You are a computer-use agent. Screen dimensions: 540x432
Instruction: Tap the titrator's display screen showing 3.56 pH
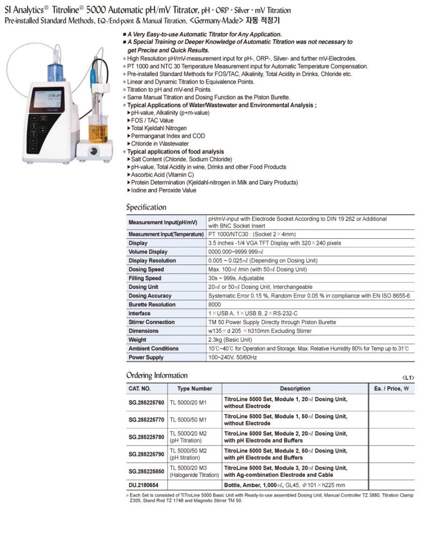48,100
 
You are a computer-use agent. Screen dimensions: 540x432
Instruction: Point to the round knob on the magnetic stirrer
93,151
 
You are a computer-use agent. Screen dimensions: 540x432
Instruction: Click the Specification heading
146,207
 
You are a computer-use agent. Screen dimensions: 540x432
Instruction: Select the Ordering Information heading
157,376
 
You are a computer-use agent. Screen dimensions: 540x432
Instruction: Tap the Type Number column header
194,389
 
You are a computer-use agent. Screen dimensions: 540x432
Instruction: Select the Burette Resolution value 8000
214,305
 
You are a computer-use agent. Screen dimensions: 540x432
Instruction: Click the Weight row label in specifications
138,340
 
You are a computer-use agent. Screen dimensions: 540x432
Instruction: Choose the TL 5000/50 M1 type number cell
188,419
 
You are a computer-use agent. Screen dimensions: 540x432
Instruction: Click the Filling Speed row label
145,278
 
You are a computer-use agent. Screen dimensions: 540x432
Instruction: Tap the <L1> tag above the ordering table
408,378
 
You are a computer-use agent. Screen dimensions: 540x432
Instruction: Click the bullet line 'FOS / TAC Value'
152,121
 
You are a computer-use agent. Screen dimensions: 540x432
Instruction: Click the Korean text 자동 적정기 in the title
262,21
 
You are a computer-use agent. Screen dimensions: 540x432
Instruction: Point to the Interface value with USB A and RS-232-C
253,313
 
